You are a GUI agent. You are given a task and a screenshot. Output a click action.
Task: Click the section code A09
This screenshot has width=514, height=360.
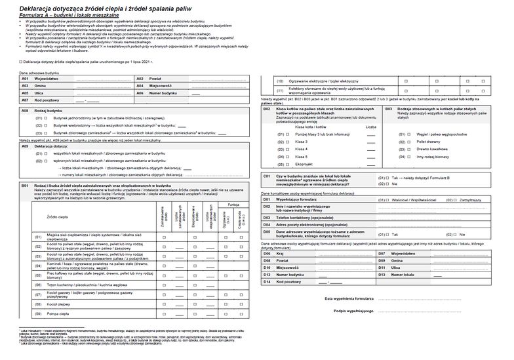click(x=24, y=146)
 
